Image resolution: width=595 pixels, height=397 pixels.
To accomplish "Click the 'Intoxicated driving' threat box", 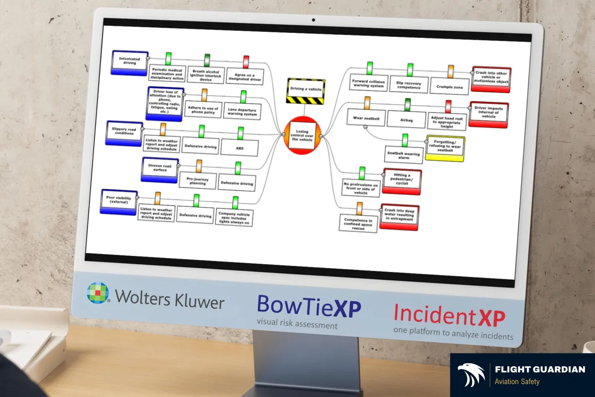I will (130, 62).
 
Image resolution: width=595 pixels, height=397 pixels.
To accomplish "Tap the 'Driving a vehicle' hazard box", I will (305, 90).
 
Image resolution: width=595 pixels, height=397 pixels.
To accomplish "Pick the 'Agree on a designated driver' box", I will (245, 76).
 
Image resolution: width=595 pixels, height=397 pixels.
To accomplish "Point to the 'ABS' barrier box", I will (240, 147).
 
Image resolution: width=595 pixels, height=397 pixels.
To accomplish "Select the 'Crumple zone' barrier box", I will (450, 87).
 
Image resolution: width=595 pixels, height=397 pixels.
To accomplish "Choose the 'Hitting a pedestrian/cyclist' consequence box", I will (402, 181).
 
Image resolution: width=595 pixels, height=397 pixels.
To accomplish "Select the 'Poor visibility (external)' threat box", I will (119, 201).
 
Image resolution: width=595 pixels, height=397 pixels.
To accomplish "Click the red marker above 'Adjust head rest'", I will (448, 106).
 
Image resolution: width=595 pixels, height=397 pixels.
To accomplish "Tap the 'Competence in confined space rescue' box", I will (358, 223).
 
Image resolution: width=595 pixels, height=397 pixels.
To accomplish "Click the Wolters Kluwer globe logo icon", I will (98, 293).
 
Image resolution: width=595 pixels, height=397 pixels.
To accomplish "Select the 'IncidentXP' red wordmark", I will (449, 315).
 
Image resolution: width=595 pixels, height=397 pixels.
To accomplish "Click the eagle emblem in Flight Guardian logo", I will (471, 375).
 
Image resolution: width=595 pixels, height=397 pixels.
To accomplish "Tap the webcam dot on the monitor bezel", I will (314, 20).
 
